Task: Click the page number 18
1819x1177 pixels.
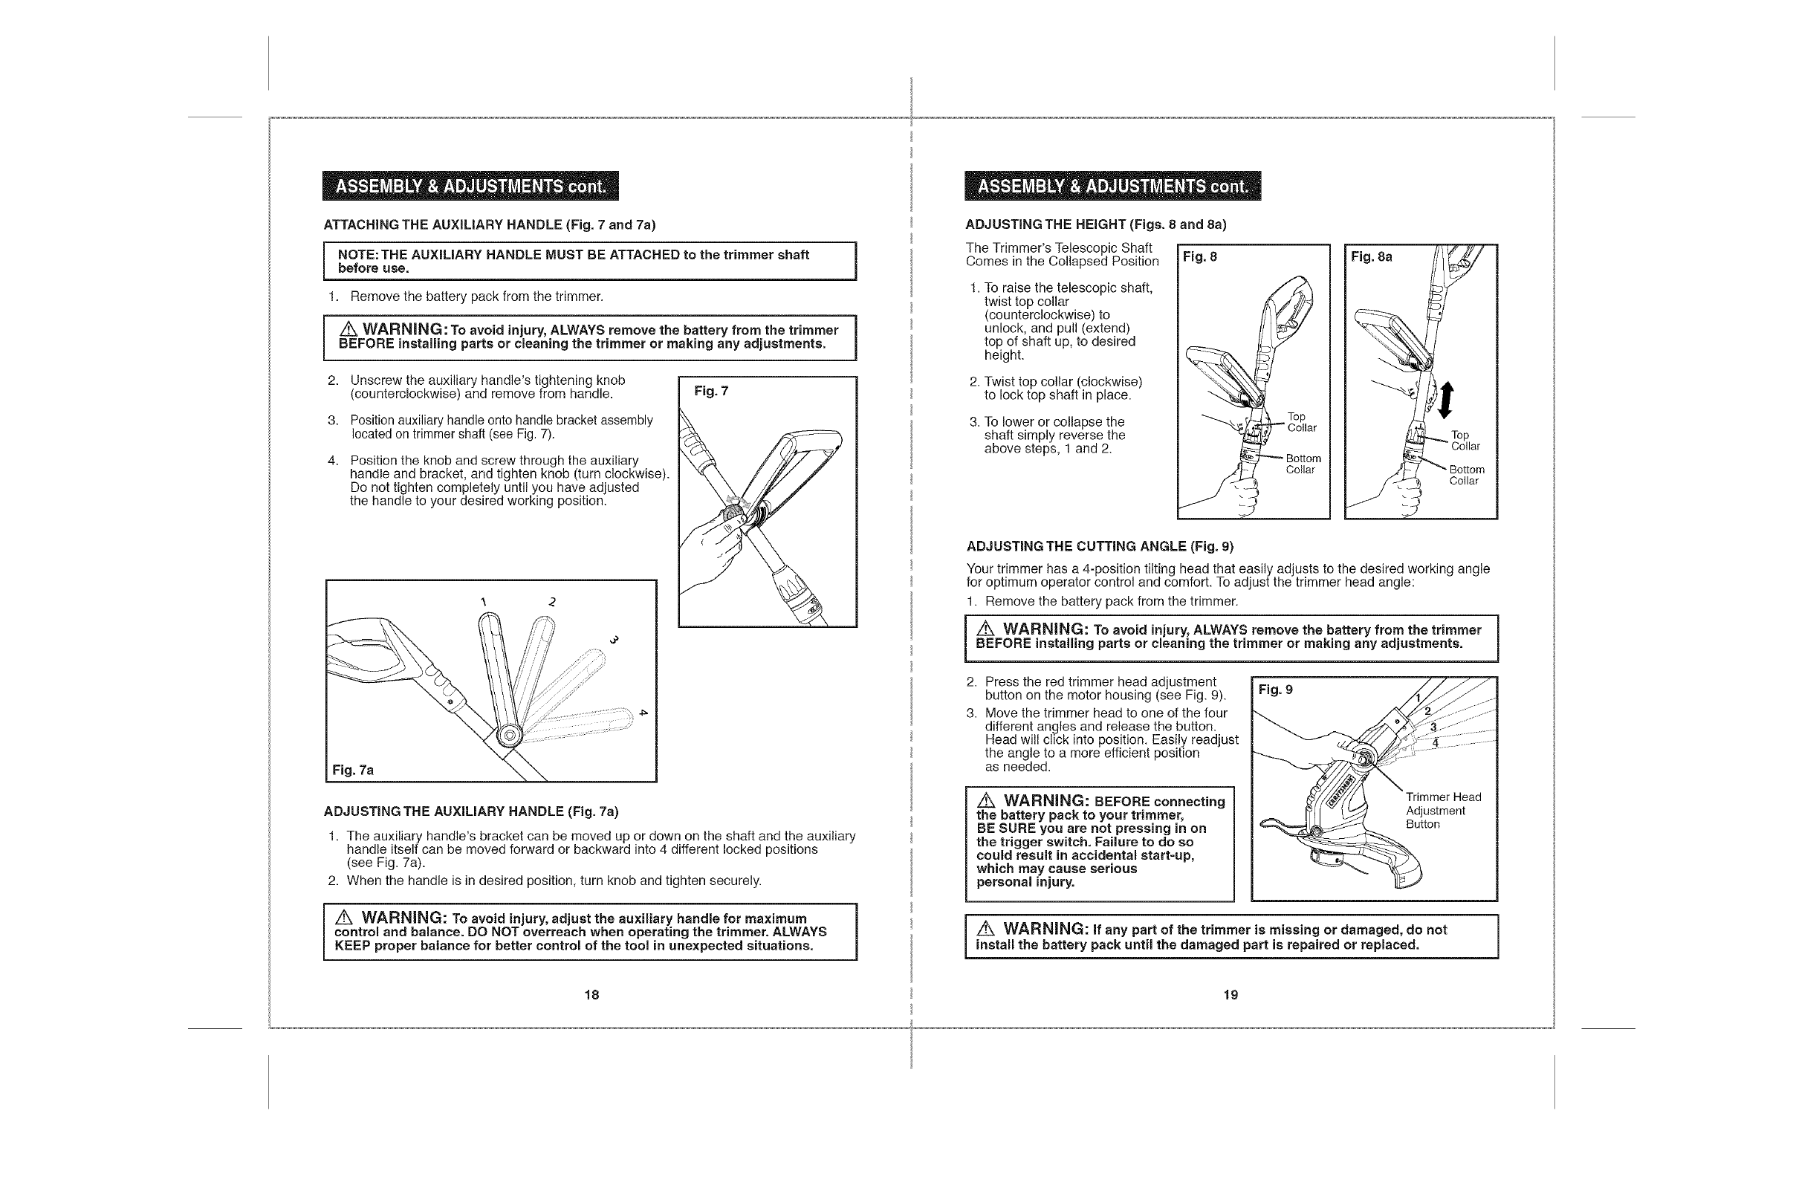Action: [x=591, y=994]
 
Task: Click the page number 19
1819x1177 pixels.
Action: [x=1230, y=994]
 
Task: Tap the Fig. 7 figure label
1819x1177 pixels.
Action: [x=711, y=392]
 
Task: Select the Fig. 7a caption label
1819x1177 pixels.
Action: [x=352, y=770]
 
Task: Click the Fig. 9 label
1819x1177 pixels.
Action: [x=1276, y=690]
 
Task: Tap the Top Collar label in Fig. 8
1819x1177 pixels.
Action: [x=1301, y=422]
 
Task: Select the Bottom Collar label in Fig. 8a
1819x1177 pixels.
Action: [x=1466, y=475]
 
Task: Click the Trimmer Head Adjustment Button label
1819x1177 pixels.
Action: [x=1443, y=810]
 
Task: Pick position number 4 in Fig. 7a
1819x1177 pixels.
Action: [x=643, y=713]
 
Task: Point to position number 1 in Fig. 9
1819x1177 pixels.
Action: [x=1418, y=697]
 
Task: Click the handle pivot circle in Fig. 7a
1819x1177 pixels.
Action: [x=508, y=735]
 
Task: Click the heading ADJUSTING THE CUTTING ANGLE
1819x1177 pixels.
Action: [x=1099, y=546]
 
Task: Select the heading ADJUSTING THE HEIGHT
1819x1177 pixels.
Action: [x=1095, y=224]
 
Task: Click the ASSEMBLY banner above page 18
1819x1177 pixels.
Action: [x=470, y=186]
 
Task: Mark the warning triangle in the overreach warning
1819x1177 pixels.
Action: [x=344, y=917]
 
